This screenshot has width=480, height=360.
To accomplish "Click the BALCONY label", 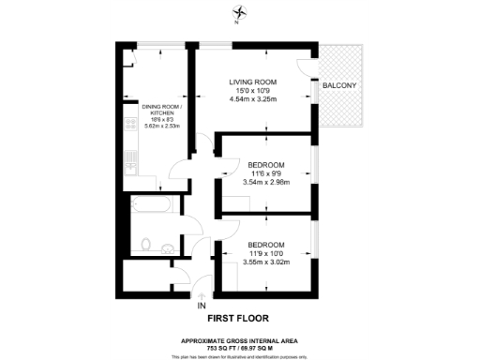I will (337, 86).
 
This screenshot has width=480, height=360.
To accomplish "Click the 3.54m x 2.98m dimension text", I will (267, 182).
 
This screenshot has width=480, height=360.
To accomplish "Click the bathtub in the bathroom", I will (149, 205).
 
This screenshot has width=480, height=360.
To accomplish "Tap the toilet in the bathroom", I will (144, 245).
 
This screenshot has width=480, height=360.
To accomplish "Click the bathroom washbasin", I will (167, 247).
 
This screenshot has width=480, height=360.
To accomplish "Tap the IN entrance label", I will (201, 306).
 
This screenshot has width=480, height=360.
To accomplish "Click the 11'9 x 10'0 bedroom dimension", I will (267, 253).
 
